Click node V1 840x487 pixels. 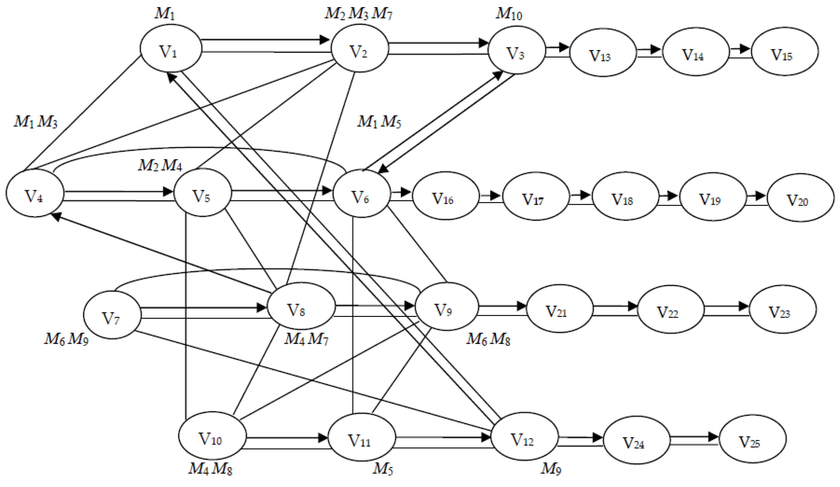pos(171,48)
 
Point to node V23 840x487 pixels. pos(783,309)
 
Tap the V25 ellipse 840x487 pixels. pos(753,439)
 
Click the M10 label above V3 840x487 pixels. pos(509,14)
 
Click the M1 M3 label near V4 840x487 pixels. pos(35,122)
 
